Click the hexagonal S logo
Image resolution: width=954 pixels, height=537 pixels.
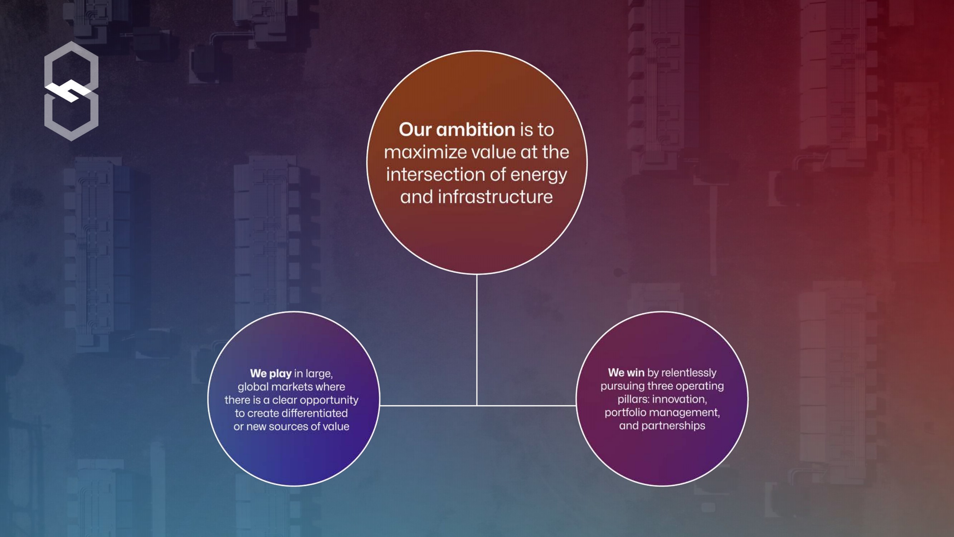coord(71,91)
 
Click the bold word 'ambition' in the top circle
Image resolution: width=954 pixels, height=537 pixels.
coord(476,129)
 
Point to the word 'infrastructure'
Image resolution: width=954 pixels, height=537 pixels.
coord(495,197)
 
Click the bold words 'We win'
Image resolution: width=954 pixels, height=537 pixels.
coord(626,372)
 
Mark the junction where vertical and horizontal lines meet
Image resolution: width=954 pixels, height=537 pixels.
coord(477,405)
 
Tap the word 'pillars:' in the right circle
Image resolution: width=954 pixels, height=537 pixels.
coord(633,399)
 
